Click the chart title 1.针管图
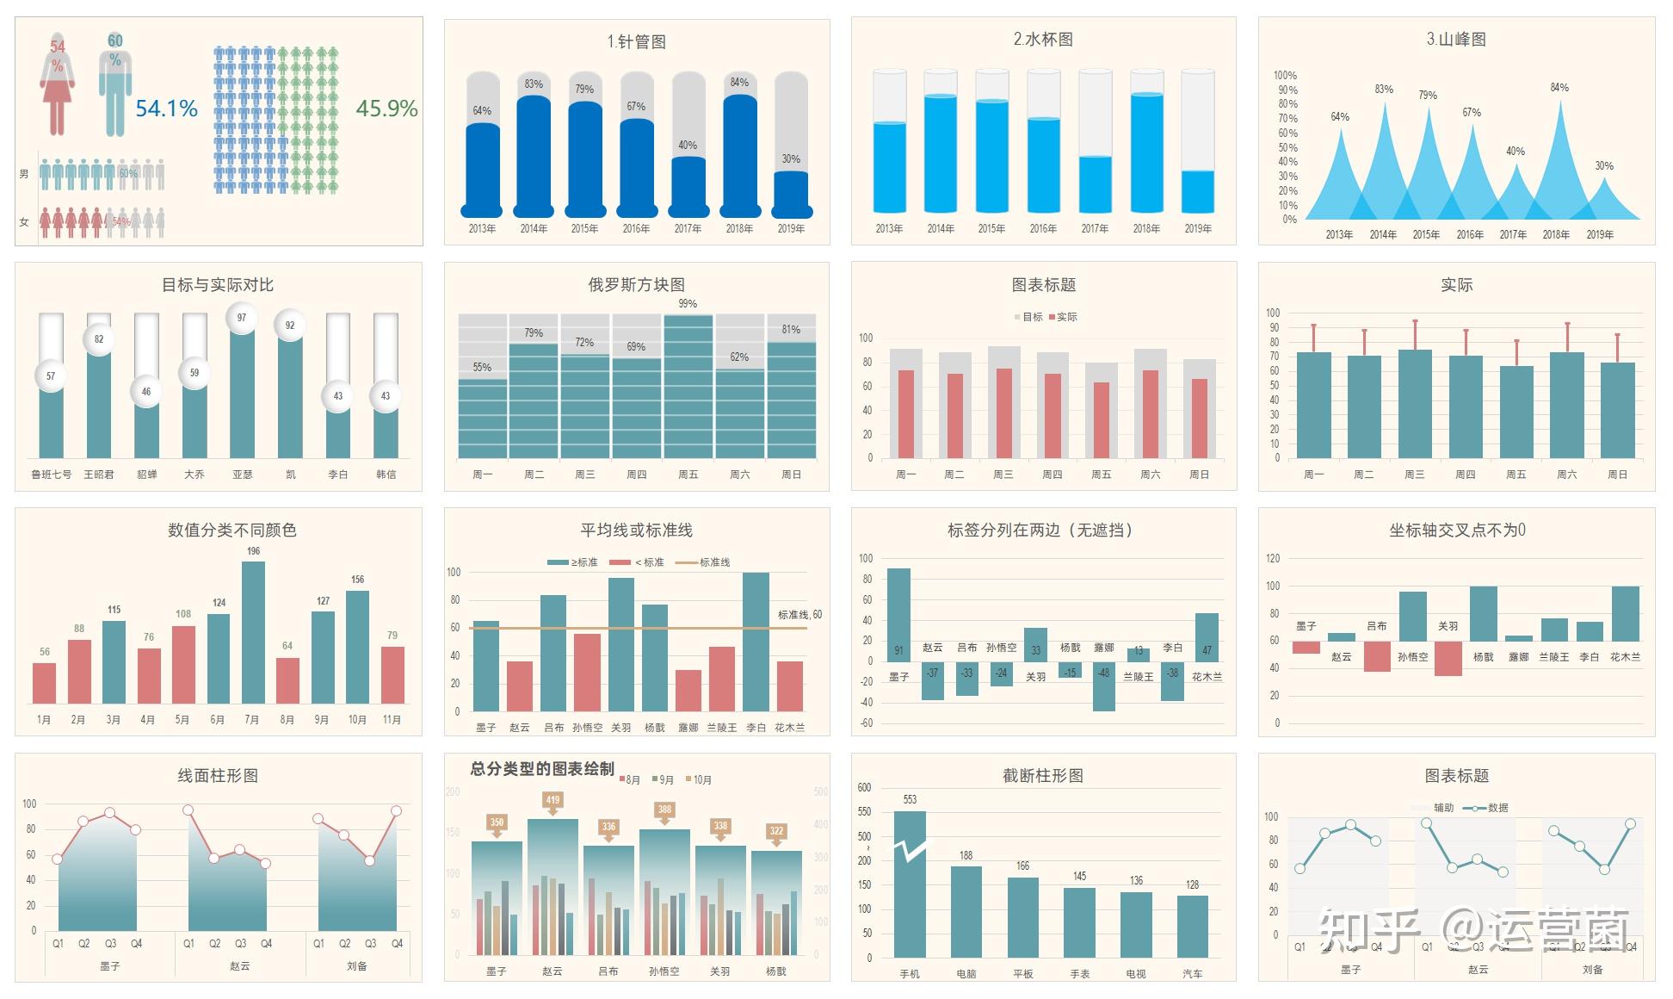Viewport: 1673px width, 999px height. coord(636,41)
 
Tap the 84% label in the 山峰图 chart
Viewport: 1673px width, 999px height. coord(1559,88)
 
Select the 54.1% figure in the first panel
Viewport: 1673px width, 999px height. coord(167,109)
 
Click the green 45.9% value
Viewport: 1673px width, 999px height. coord(386,109)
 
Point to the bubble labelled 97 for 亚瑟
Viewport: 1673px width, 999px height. coord(242,318)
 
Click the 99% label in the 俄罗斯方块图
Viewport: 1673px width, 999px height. coord(688,303)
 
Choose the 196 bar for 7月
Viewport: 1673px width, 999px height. coord(253,632)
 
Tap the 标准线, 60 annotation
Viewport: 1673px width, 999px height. coord(799,615)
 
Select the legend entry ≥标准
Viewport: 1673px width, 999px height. coord(573,562)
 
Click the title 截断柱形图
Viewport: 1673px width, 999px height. coord(1042,776)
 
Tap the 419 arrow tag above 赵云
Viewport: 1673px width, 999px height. coord(553,801)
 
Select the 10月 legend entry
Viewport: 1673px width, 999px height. coord(699,780)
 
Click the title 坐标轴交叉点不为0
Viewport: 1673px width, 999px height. coord(1456,531)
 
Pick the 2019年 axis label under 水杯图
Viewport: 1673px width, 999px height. coord(1197,229)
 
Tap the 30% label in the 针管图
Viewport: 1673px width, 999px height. coord(791,159)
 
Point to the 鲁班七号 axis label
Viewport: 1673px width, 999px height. coord(52,475)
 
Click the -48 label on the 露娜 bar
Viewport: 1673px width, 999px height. coord(1104,673)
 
